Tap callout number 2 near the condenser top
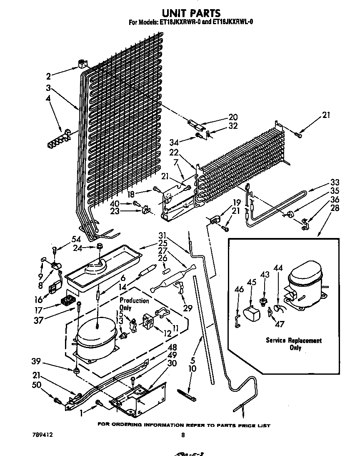pyautogui.click(x=49, y=76)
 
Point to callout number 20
pyautogui.click(x=233, y=117)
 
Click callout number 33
pyautogui.click(x=323, y=182)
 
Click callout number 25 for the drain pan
pyautogui.click(x=163, y=243)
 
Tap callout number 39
pyautogui.click(x=37, y=361)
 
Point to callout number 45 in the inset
pyautogui.click(x=252, y=283)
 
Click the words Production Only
pyautogui.click(x=134, y=304)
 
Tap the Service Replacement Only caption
pyautogui.click(x=294, y=344)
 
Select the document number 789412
pyautogui.click(x=42, y=434)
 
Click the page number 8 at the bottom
pyautogui.click(x=182, y=435)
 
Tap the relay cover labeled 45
pyautogui.click(x=250, y=313)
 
